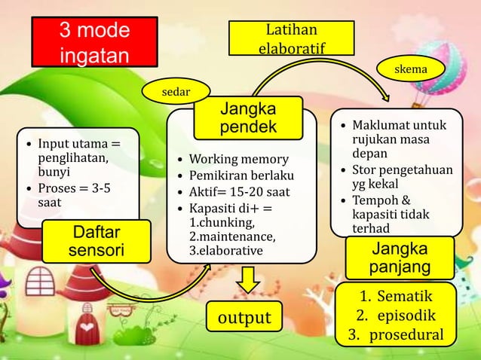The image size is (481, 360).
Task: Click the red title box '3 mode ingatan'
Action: [94, 44]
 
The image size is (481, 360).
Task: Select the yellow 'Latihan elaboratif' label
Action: [292, 38]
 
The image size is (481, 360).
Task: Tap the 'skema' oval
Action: [411, 69]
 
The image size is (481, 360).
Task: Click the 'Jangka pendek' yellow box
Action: [247, 118]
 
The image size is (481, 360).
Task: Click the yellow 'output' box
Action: [244, 318]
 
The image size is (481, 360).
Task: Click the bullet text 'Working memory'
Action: [238, 160]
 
